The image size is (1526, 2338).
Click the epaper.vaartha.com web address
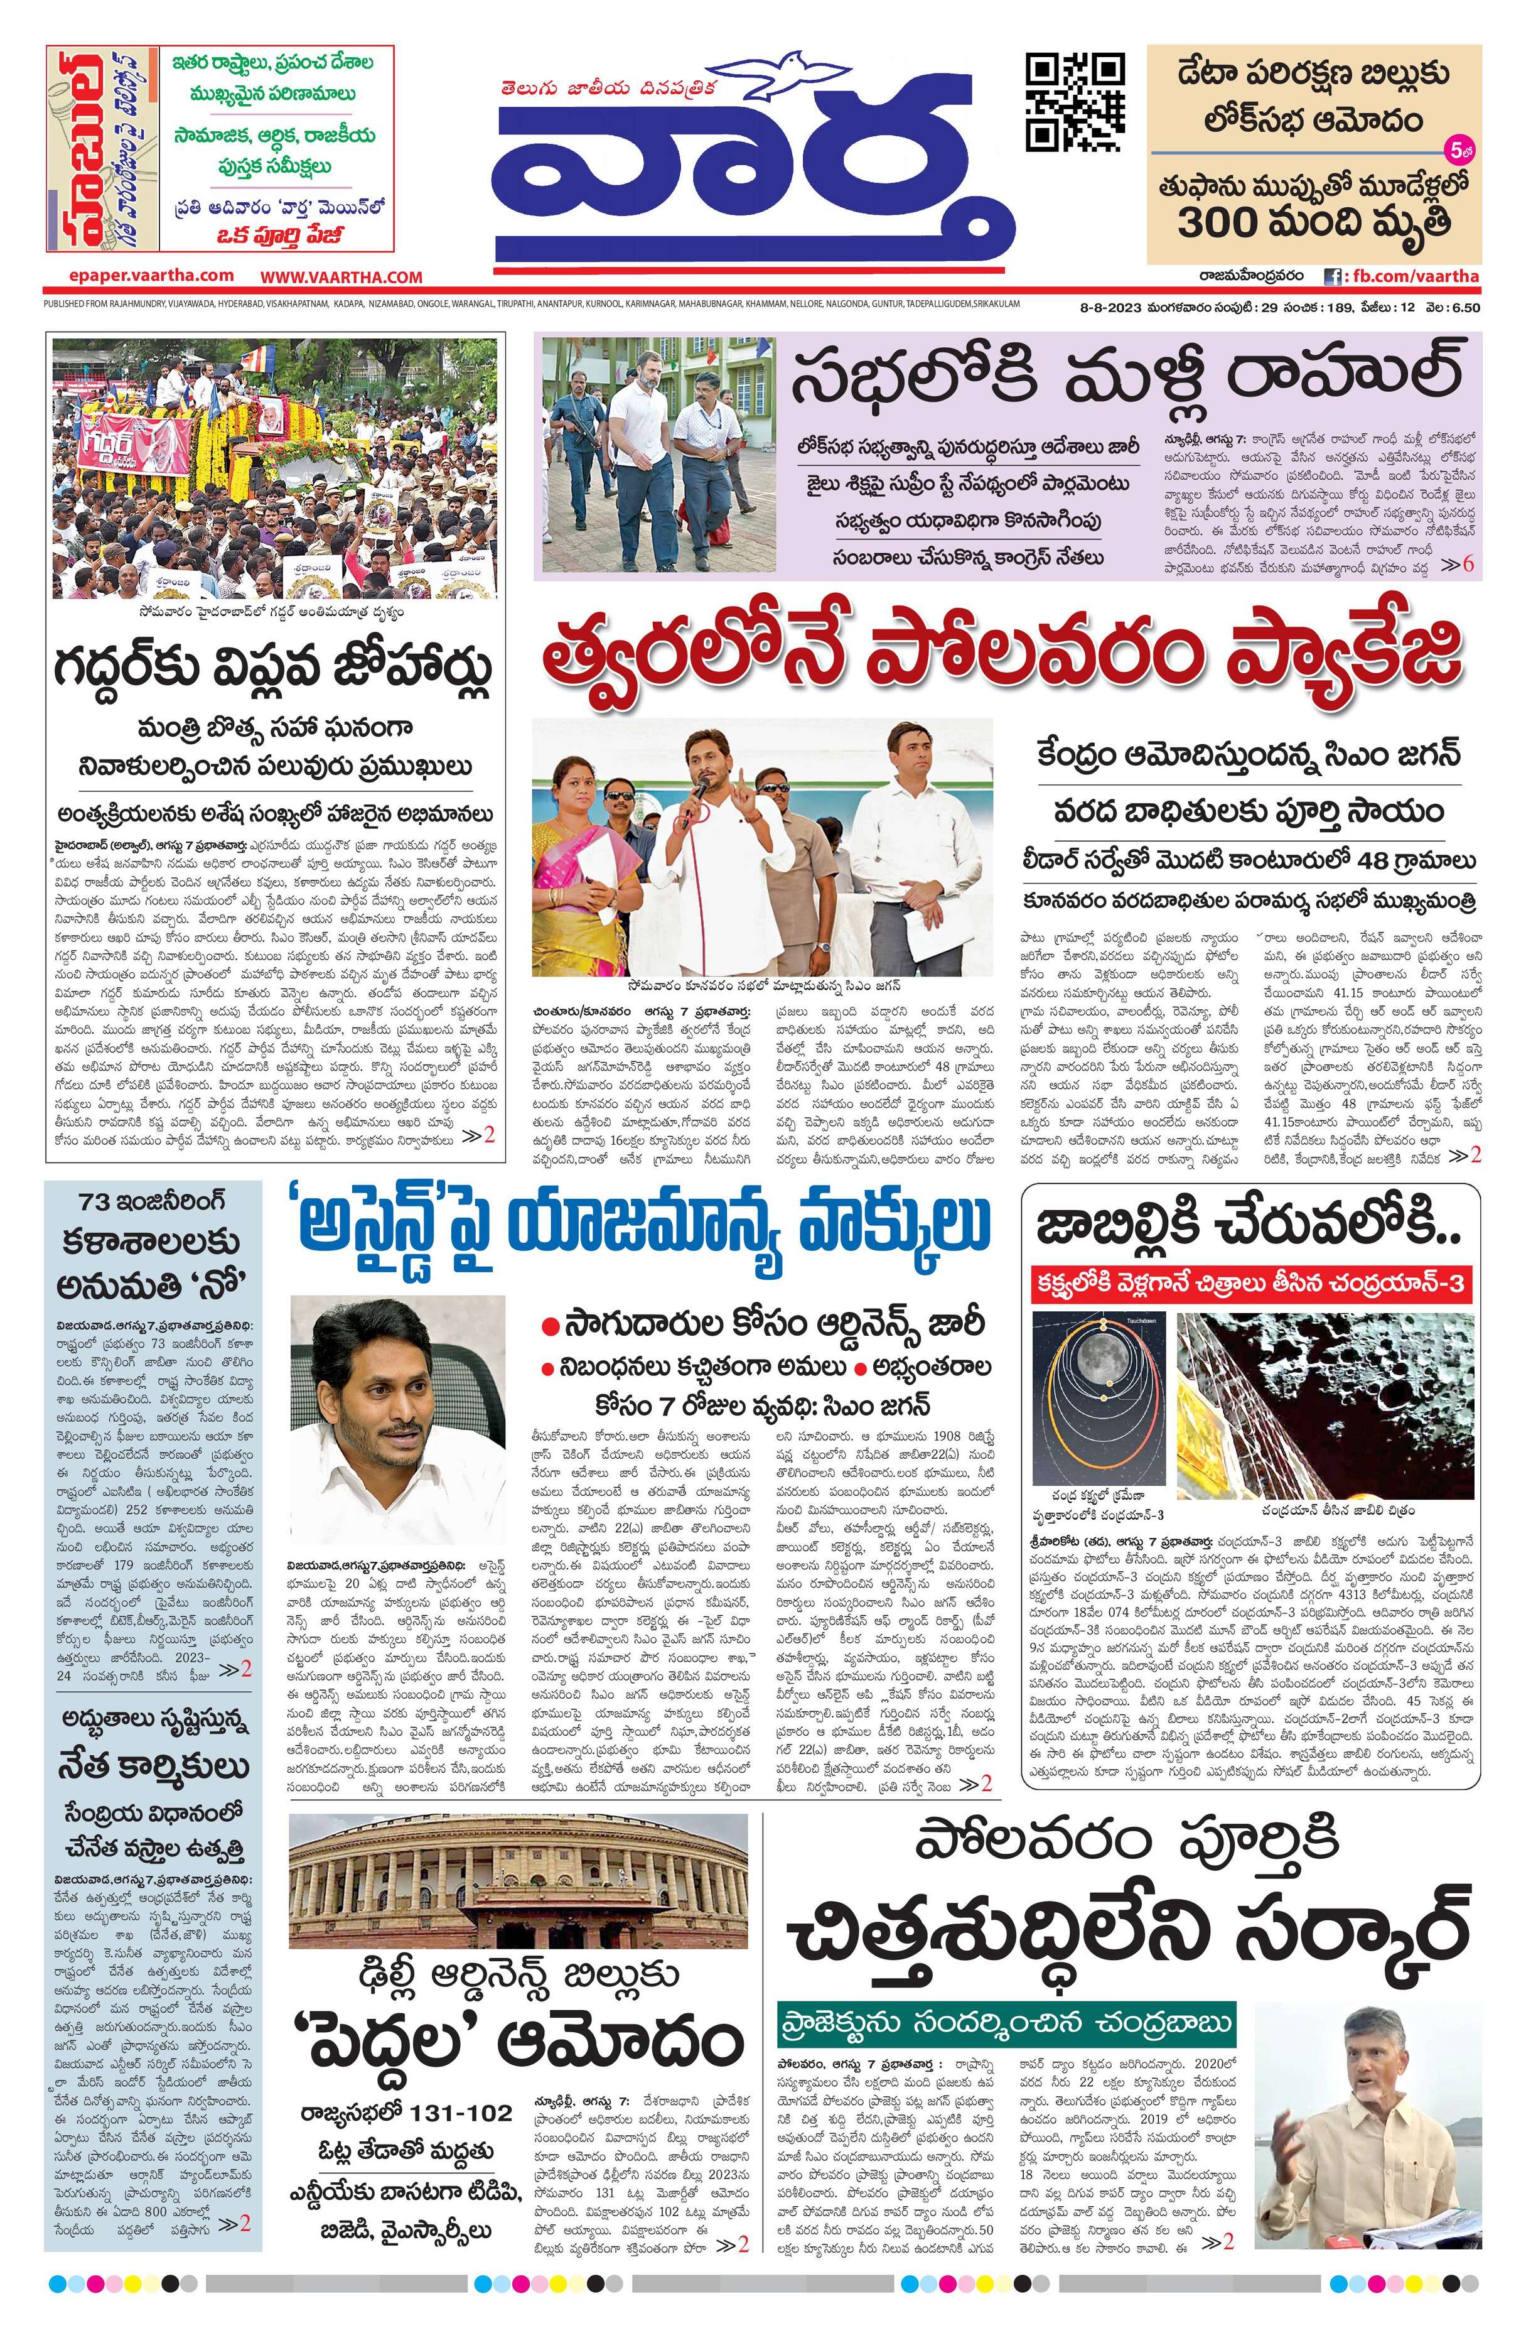(x=151, y=276)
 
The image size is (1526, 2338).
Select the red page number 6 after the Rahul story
(x=1469, y=566)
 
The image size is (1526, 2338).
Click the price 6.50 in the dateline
(x=1463, y=308)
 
